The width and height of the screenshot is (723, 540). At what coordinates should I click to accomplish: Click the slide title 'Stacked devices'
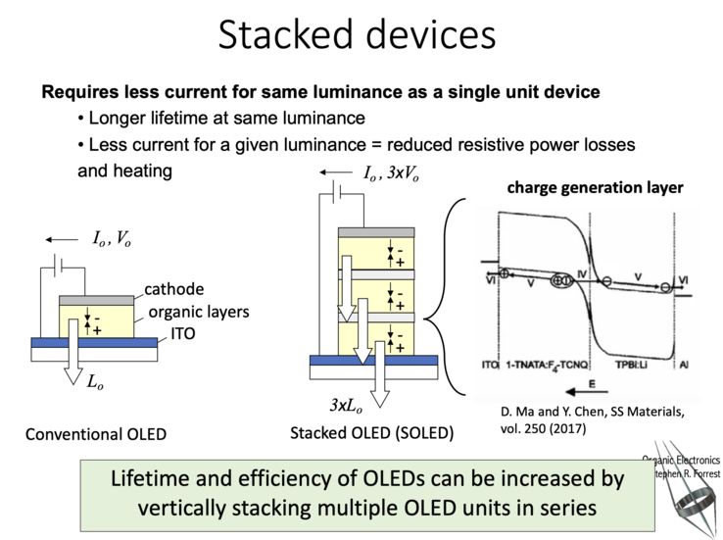coord(357,35)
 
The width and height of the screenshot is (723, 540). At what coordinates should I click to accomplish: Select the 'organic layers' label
coord(197,313)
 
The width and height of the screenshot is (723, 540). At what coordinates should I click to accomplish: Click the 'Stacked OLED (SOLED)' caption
coord(371,432)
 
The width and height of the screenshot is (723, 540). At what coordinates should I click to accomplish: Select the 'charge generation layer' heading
coord(595,188)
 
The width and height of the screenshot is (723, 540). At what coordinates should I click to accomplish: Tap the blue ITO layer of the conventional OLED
coord(94,343)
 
